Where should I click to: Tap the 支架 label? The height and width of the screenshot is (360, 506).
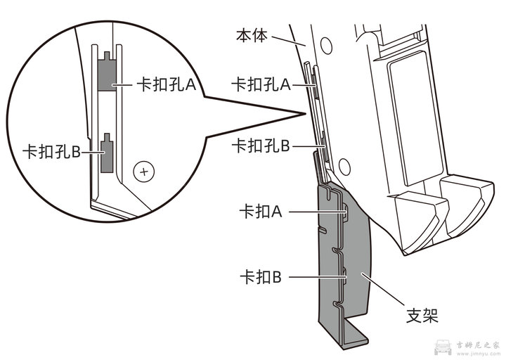point(422,316)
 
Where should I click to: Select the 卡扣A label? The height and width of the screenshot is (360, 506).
point(261,211)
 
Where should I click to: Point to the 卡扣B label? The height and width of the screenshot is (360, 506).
point(261,278)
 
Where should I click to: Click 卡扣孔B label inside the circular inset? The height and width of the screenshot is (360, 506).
point(51,152)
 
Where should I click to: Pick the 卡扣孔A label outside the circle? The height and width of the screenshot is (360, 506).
point(261,84)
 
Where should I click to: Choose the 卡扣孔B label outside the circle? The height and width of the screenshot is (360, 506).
point(261,146)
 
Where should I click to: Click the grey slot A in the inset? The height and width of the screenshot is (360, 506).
point(107,75)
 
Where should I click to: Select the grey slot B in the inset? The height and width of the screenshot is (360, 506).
point(107,155)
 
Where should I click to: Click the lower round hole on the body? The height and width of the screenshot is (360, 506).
point(343,166)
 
